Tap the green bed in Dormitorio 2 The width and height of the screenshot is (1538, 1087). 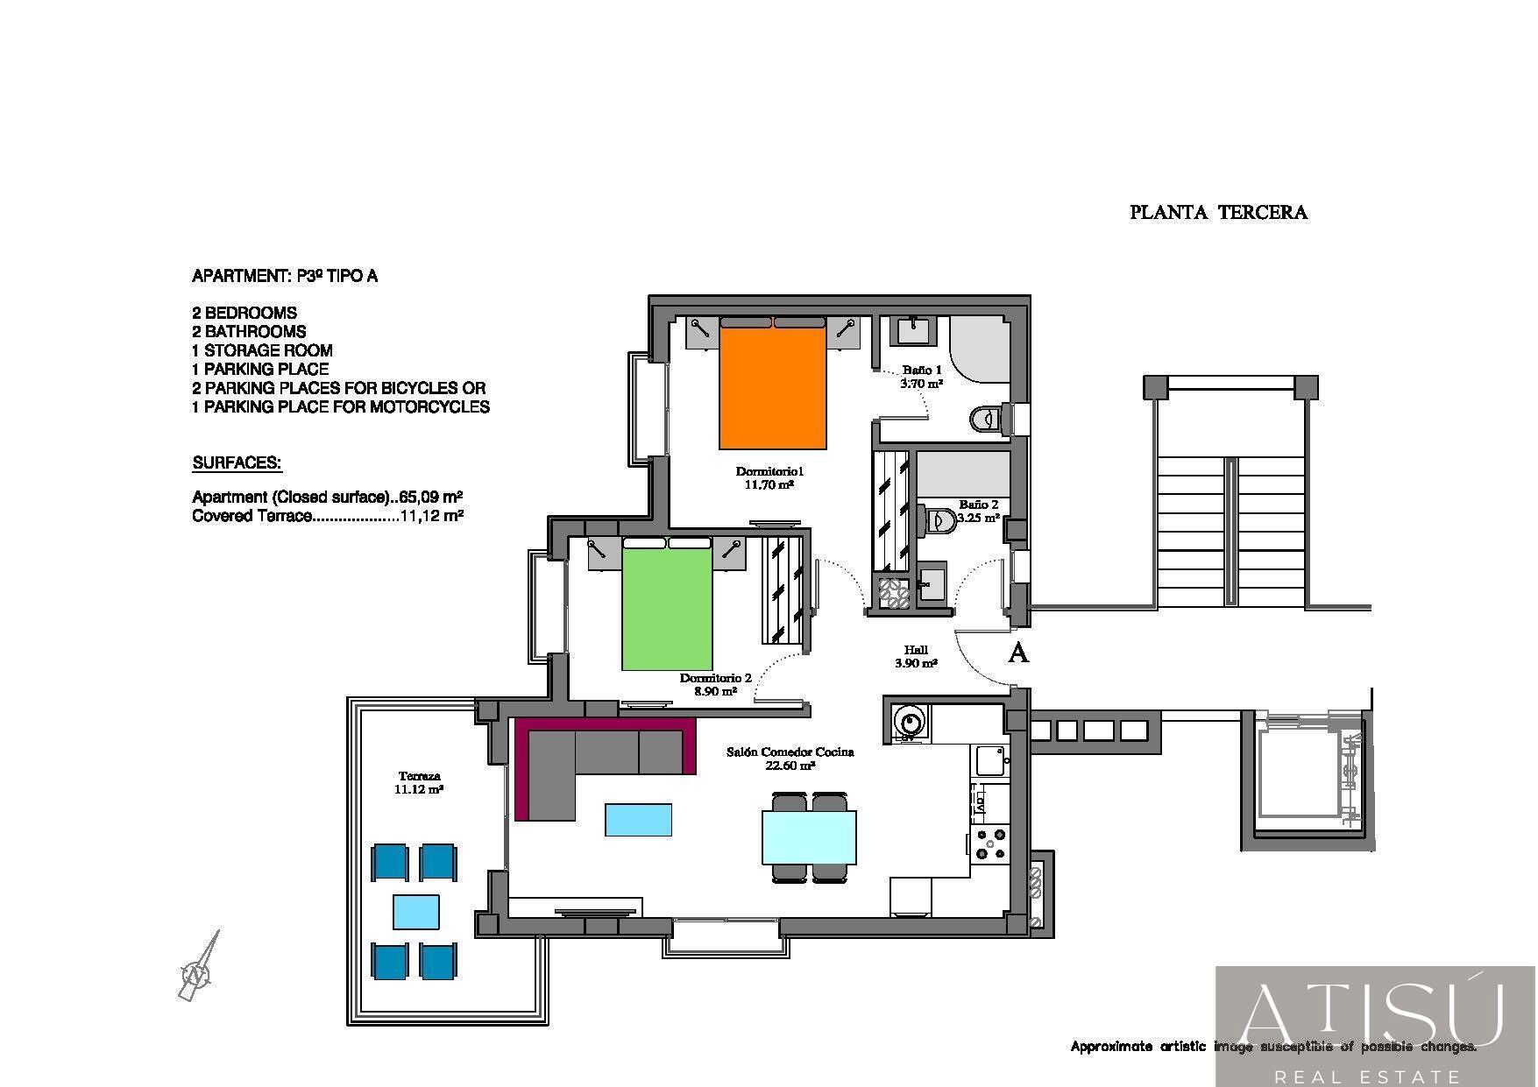pos(667,604)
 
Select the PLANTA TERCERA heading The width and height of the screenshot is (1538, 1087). pos(1218,212)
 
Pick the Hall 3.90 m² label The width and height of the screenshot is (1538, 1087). pos(916,657)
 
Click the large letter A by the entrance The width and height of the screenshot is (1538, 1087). pos(1018,653)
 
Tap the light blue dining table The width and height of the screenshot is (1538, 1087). pos(809,837)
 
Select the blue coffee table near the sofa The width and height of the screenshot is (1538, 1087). pos(638,820)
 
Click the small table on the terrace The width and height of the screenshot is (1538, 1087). pos(415,911)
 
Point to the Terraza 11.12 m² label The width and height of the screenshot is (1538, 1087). pos(419,782)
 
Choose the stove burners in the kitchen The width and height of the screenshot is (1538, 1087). pos(991,843)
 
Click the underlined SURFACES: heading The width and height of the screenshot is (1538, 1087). pos(237,462)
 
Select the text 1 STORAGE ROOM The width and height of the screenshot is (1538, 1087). pos(262,350)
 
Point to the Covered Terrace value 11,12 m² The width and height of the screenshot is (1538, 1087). pos(431,516)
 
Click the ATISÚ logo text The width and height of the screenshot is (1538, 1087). pos(1373,1016)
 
